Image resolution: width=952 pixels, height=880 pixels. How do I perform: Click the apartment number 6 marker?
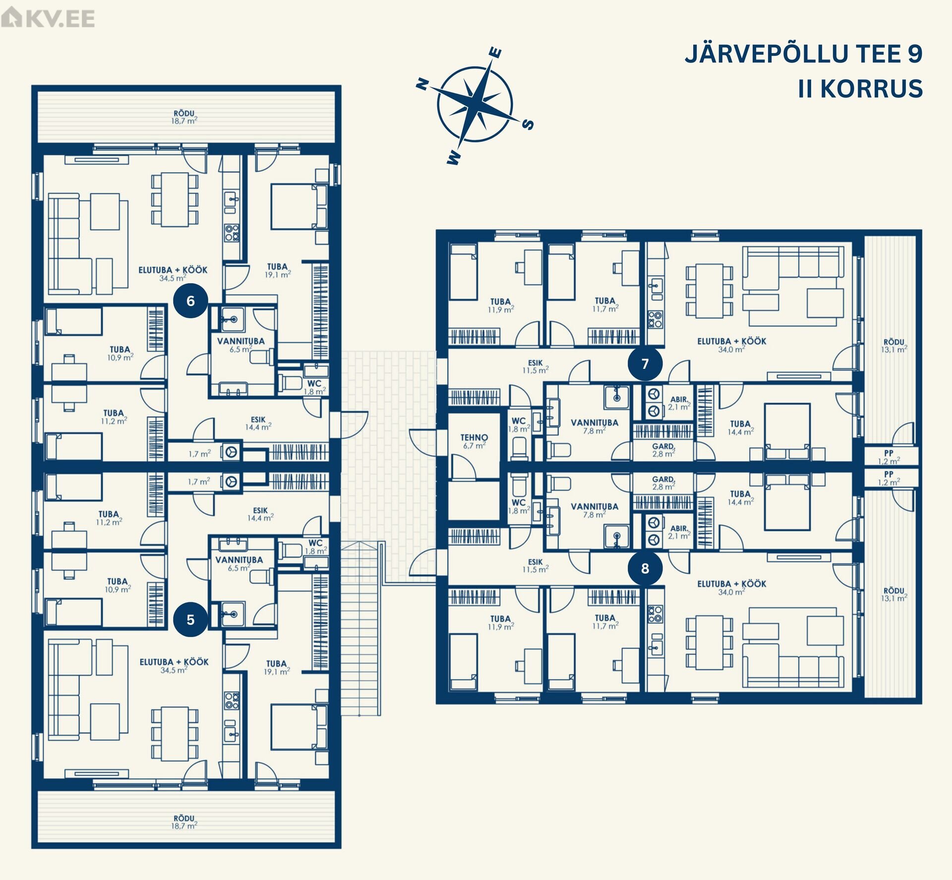190,300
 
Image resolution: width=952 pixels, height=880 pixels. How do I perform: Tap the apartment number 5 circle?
190,619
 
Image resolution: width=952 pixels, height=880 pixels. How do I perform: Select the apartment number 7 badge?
645,363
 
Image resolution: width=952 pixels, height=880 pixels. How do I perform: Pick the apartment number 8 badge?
645,568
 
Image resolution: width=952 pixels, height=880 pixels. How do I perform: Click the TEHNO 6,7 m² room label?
474,441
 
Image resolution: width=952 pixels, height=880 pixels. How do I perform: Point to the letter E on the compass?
495,53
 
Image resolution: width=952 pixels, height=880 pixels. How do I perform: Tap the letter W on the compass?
454,158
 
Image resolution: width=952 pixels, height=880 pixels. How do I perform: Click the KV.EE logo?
48,18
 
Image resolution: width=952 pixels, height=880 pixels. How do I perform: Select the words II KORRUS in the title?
860,89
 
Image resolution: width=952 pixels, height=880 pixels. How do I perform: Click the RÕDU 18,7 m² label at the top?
184,117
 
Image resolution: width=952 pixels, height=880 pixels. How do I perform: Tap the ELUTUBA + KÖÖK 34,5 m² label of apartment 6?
173,274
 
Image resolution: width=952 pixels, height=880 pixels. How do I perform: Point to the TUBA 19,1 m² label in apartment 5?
277,667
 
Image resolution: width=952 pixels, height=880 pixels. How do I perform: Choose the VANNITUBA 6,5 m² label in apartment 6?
240,345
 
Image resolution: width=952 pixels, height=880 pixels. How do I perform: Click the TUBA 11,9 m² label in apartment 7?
501,305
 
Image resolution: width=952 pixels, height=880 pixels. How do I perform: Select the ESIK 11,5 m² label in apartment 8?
535,566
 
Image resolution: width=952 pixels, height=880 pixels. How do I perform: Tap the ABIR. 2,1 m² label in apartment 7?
679,403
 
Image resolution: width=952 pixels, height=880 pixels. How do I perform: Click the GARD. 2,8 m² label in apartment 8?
663,483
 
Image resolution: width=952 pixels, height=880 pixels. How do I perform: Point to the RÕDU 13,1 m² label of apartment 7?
894,346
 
